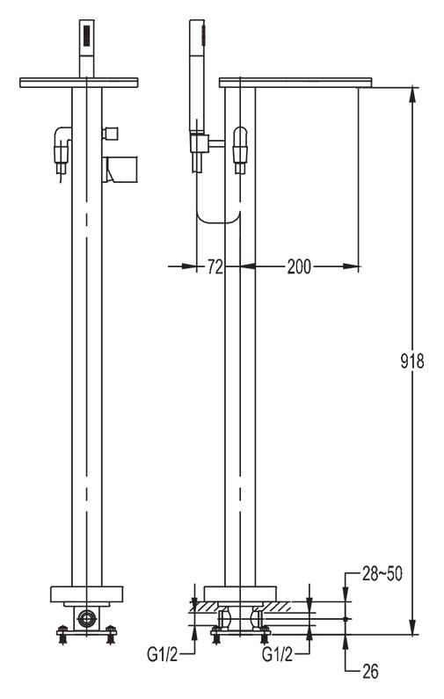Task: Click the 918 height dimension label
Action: click(x=411, y=360)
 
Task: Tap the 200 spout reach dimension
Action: click(x=299, y=266)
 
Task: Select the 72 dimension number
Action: click(x=215, y=266)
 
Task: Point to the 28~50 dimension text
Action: click(x=382, y=574)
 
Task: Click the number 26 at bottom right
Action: click(x=370, y=672)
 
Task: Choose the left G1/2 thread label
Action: click(x=163, y=654)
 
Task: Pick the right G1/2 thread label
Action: click(x=277, y=654)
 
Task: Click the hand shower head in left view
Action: click(x=87, y=48)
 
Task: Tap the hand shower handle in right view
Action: click(x=197, y=76)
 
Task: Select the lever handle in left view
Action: click(x=120, y=169)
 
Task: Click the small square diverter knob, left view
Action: click(x=110, y=133)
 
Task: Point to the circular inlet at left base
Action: click(x=86, y=618)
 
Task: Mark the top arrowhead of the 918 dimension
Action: click(x=413, y=93)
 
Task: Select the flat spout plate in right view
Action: click(x=295, y=83)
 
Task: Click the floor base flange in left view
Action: click(x=86, y=594)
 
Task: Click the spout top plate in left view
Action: click(x=79, y=83)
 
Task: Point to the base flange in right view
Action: click(x=240, y=593)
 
